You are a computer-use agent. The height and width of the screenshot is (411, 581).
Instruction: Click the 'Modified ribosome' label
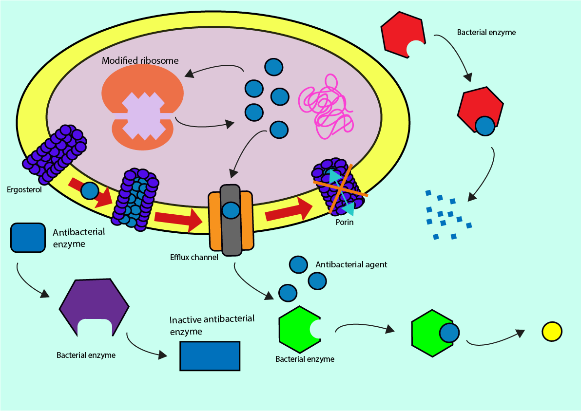pyautogui.click(x=140, y=61)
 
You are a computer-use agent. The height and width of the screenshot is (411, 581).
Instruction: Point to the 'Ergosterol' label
pyautogui.click(x=24, y=189)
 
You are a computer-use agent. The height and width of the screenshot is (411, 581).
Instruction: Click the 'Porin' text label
pyautogui.click(x=344, y=223)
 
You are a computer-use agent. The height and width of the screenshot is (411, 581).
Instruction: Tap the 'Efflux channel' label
pyautogui.click(x=194, y=257)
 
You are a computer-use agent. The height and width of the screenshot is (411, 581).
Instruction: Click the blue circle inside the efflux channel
pyautogui.click(x=231, y=210)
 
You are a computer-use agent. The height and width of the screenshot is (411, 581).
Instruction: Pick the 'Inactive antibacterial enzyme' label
pyautogui.click(x=212, y=325)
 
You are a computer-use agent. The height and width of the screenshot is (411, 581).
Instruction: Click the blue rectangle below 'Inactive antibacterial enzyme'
pyautogui.click(x=210, y=356)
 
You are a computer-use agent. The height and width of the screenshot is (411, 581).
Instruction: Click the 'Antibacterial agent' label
pyautogui.click(x=351, y=264)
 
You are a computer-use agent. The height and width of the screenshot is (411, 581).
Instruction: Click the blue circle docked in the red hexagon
pyautogui.click(x=484, y=126)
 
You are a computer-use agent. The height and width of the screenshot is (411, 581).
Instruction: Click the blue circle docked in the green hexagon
pyautogui.click(x=449, y=334)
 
